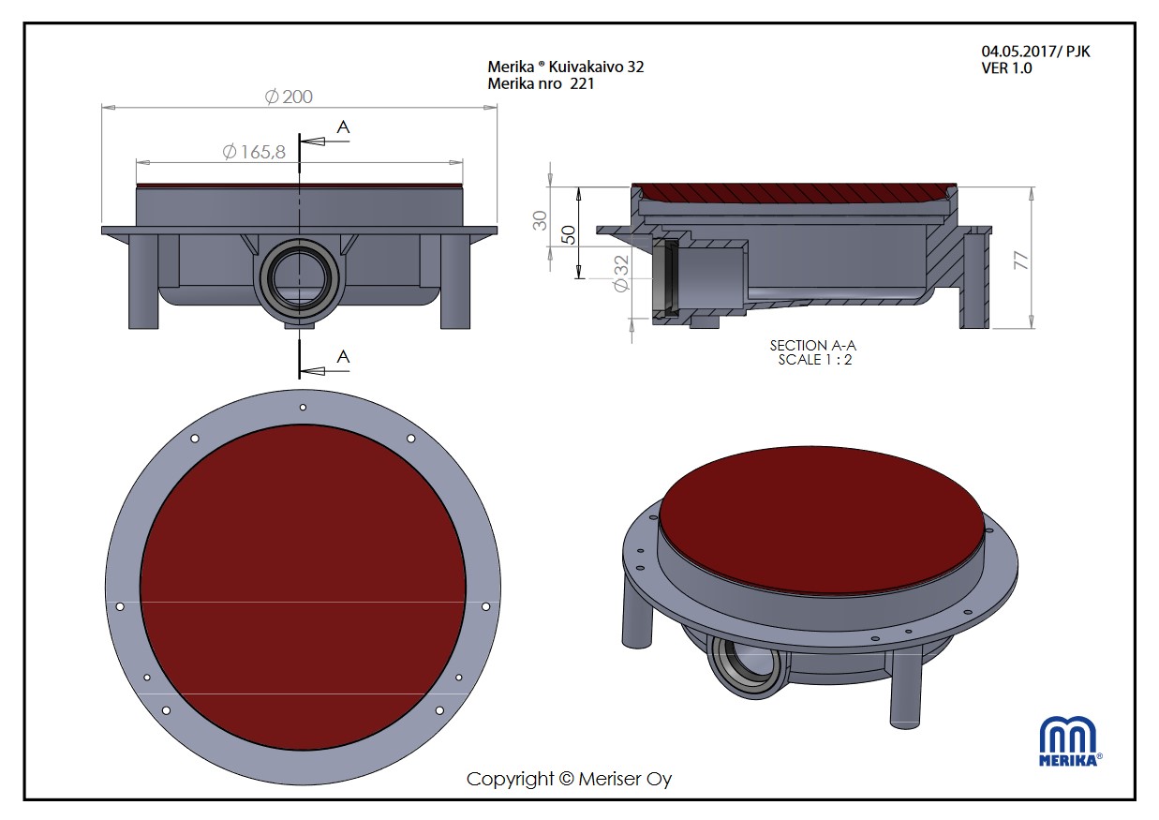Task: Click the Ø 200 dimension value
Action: (289, 97)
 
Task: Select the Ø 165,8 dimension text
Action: (254, 152)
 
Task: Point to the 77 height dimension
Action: (1022, 261)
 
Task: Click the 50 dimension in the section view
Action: (566, 233)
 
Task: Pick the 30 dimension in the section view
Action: (540, 221)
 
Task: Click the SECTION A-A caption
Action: (812, 346)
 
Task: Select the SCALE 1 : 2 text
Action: (814, 360)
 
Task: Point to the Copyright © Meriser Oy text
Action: (569, 779)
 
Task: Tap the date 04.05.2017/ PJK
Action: (1035, 52)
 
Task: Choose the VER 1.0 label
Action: (1007, 68)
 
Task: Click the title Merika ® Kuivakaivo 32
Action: (566, 67)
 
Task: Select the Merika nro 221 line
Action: (541, 83)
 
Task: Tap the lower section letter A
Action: (344, 356)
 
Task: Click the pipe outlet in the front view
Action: (300, 278)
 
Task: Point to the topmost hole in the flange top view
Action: (303, 407)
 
